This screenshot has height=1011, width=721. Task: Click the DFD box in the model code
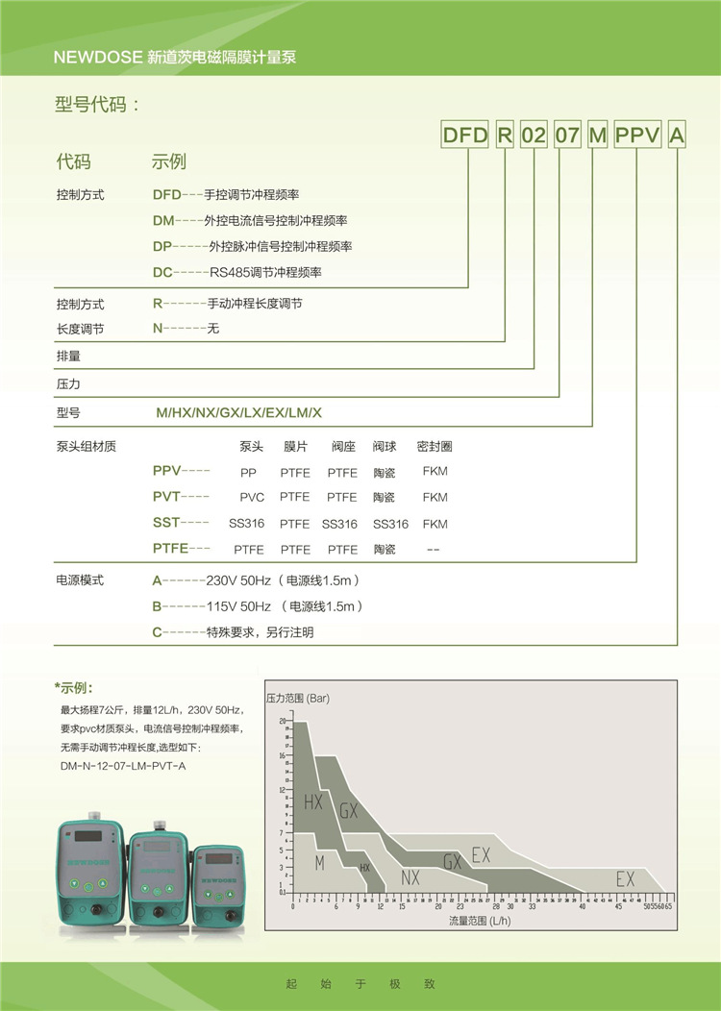tap(465, 136)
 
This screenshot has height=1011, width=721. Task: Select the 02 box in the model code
tap(534, 136)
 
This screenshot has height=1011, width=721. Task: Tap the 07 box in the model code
tap(567, 136)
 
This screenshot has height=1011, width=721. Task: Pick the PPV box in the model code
tap(637, 136)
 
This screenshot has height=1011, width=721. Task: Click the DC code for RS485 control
tap(162, 272)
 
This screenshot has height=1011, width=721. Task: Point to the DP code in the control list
tap(162, 246)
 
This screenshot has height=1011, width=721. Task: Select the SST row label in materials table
tap(166, 523)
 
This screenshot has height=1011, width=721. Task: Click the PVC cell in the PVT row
tap(252, 498)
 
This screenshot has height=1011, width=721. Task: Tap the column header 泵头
tap(252, 447)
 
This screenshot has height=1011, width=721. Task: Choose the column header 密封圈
tap(435, 447)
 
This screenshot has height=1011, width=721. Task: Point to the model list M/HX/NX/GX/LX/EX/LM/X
tap(239, 412)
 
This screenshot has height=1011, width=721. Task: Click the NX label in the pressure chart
tap(410, 877)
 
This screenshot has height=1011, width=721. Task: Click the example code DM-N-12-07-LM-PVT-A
tap(123, 764)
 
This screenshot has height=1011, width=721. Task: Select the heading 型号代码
tap(98, 105)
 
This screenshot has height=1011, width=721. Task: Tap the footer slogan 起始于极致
tap(360, 984)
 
